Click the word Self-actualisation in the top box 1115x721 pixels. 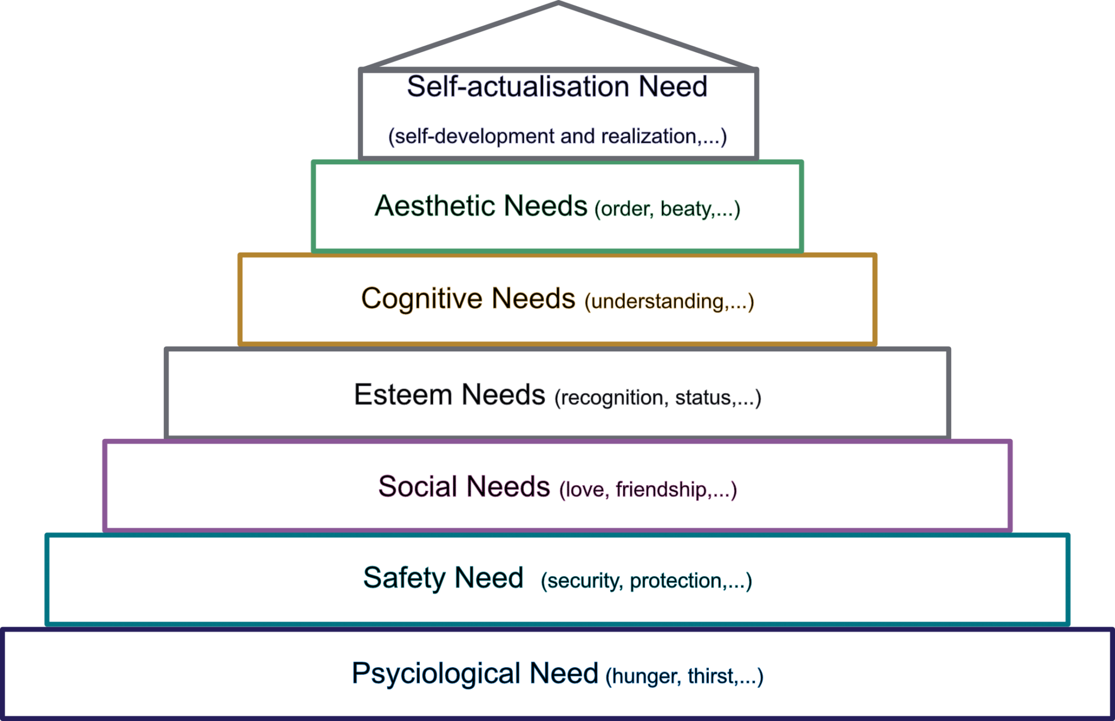coord(518,87)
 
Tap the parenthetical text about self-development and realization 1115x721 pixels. coord(557,136)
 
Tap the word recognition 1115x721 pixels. coord(612,398)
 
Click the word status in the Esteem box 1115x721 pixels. coord(703,398)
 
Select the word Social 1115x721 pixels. coord(418,486)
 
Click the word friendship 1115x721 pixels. coord(661,490)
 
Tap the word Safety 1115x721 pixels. coord(404,578)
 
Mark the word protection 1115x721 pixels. coord(676,581)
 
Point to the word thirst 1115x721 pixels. coord(710,676)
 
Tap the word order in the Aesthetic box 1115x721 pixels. coord(626,209)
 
